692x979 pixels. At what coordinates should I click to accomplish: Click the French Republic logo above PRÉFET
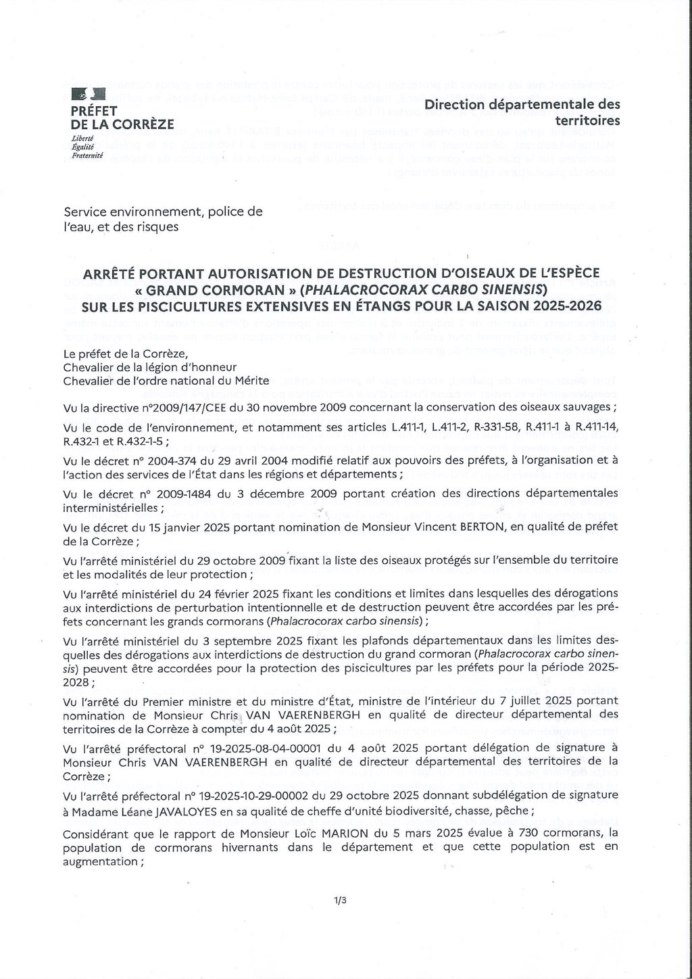coord(89,95)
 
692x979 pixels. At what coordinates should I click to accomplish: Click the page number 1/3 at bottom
coord(339,900)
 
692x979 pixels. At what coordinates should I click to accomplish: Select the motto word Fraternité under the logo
coord(87,156)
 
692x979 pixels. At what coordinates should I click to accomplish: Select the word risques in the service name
coord(156,227)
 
